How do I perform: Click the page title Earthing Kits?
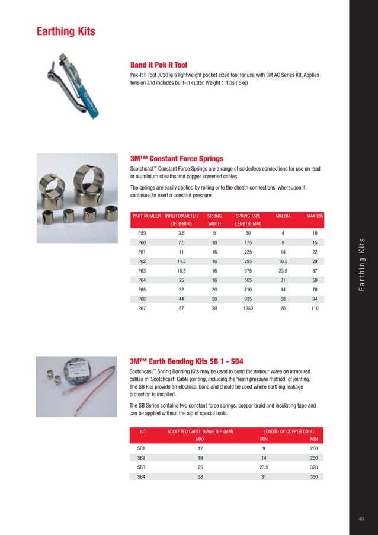66,31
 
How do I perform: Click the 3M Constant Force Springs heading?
176,159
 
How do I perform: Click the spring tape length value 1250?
248,309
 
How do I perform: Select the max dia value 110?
315,309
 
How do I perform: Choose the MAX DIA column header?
314,216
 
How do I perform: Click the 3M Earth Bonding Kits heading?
186,360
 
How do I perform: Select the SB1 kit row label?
142,450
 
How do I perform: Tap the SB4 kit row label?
142,476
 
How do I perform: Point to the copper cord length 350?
313,476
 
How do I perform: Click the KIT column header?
142,431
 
